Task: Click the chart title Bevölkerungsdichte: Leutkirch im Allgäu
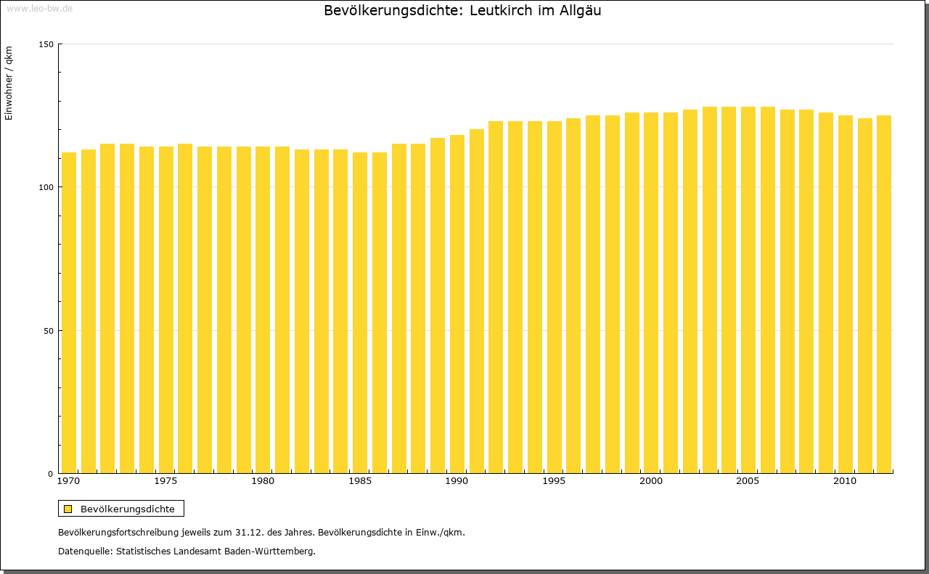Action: click(x=462, y=11)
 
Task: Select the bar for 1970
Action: click(x=69, y=312)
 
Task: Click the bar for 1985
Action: click(x=360, y=312)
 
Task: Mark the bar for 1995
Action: click(x=554, y=297)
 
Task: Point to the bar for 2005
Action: click(x=748, y=290)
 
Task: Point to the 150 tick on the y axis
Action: click(x=46, y=44)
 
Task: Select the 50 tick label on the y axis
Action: click(x=49, y=331)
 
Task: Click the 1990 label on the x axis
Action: click(x=457, y=481)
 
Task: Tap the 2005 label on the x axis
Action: click(x=748, y=481)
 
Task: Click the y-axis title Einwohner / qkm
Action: click(x=9, y=83)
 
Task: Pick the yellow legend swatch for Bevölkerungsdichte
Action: click(x=67, y=509)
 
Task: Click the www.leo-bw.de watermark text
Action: click(x=39, y=8)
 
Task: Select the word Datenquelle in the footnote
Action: click(x=84, y=552)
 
